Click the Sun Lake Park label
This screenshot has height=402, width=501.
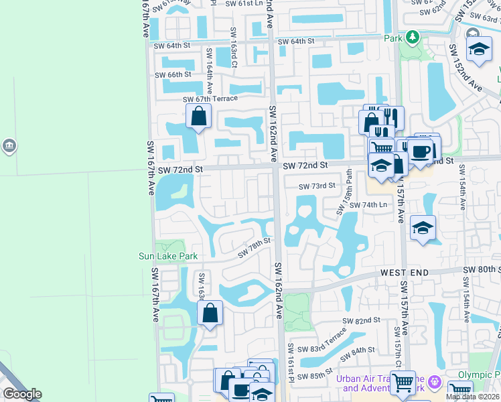(168, 256)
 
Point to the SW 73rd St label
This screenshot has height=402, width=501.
(317, 186)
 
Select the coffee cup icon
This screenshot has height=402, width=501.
(421, 151)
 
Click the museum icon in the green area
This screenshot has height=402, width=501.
(9, 145)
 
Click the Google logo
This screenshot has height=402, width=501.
(21, 394)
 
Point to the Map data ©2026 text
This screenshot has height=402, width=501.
(472, 397)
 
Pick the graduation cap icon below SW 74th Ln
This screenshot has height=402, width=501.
(423, 228)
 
